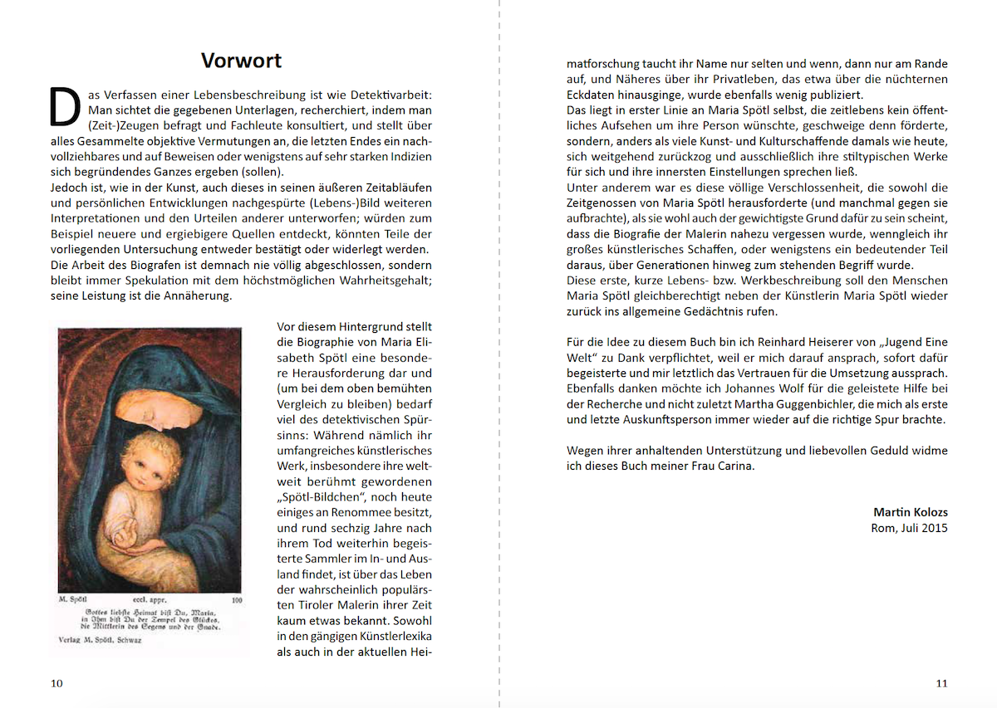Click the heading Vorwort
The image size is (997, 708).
tap(241, 61)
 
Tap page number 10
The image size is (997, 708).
tap(56, 683)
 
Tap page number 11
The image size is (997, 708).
tap(941, 683)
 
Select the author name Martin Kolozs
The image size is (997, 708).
tap(910, 511)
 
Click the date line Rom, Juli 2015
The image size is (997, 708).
tap(909, 528)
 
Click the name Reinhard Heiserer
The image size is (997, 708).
tap(798, 341)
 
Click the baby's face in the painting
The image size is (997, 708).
tap(143, 465)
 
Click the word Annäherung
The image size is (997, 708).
tap(197, 296)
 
